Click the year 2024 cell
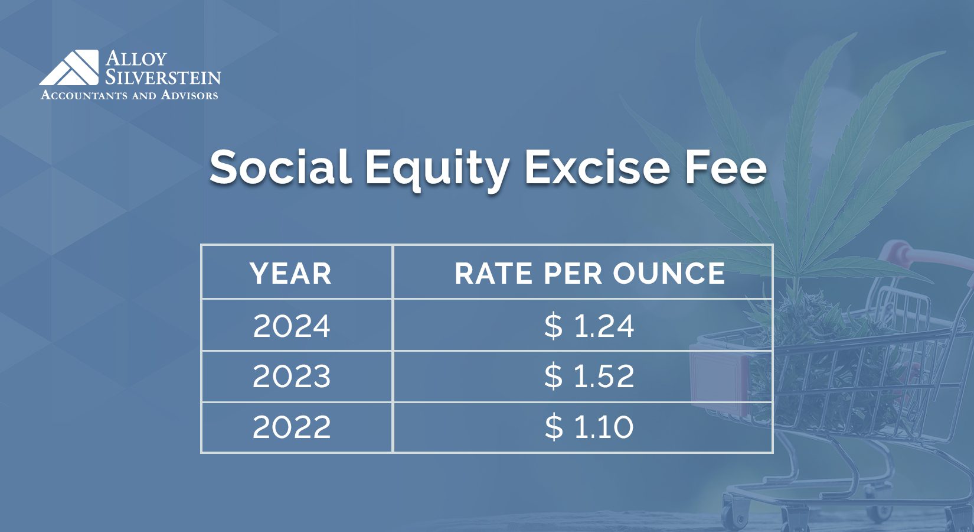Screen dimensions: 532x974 tap(292, 326)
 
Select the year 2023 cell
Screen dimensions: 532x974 tap(292, 377)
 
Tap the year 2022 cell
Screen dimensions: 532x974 tap(292, 427)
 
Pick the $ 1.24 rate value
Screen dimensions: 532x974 tap(589, 326)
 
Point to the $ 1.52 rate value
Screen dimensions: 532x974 tap(589, 377)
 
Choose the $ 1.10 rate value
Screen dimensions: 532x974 tap(589, 427)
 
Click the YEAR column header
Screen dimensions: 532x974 tap(291, 273)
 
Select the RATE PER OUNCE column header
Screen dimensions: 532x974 tap(589, 273)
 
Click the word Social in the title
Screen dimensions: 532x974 tap(280, 167)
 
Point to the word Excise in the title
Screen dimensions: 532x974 tap(597, 167)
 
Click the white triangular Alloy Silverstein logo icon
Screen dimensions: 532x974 tap(70, 67)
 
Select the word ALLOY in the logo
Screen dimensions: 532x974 tap(136, 59)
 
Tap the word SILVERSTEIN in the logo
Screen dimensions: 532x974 tap(163, 77)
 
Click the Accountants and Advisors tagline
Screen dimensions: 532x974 tap(129, 95)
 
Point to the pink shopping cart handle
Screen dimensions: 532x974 tap(921, 254)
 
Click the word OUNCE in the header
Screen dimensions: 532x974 tap(669, 273)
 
